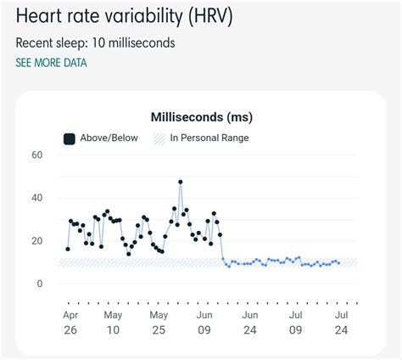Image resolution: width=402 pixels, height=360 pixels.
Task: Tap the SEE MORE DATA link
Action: point(51,63)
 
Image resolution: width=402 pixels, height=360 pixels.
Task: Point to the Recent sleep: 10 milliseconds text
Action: point(95,42)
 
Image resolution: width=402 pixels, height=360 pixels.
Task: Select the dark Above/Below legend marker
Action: point(69,138)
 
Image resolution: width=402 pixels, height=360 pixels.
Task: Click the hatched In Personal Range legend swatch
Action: point(159,138)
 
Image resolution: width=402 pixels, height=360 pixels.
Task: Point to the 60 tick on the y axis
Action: point(36,155)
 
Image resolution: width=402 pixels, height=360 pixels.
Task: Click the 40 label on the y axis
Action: point(36,199)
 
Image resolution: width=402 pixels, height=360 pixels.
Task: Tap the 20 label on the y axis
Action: point(36,241)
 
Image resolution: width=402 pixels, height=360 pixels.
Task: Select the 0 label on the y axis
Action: point(39,284)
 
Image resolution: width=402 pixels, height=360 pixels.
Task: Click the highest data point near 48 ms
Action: point(181,182)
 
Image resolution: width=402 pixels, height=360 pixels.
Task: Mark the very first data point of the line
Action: point(68,249)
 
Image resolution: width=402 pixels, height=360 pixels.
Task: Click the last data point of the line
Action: point(339,263)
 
